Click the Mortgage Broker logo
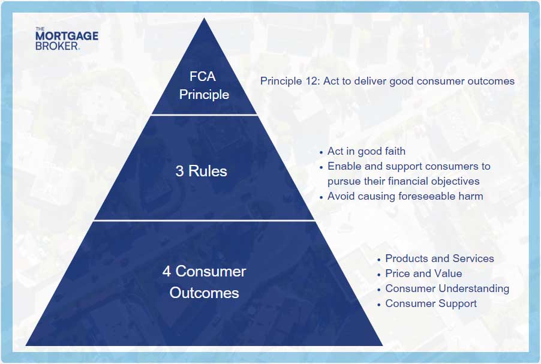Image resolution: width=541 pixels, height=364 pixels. coord(67,38)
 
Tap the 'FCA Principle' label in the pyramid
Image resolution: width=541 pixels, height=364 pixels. coord(203,86)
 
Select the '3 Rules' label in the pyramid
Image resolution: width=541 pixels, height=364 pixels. coord(201,171)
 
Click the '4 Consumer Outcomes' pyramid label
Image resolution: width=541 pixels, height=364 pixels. coord(205,282)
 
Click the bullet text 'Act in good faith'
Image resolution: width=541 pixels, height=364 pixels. coord(366,151)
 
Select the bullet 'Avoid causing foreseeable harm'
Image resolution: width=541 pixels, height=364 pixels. coord(405,196)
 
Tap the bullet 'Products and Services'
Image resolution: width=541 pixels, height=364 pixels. coord(440,258)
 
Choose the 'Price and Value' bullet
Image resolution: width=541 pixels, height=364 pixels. coord(423,273)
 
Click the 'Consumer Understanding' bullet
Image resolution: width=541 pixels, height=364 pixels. coord(447,289)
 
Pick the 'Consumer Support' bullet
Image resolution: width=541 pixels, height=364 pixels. coord(431,303)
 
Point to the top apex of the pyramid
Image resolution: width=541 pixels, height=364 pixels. coord(205,18)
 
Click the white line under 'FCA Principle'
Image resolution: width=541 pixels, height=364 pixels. coord(205,115)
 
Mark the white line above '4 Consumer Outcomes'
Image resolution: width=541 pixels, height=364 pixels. coord(205,220)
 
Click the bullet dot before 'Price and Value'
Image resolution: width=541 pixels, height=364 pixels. coord(379,275)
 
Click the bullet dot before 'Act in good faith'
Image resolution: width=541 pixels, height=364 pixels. coord(321,152)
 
